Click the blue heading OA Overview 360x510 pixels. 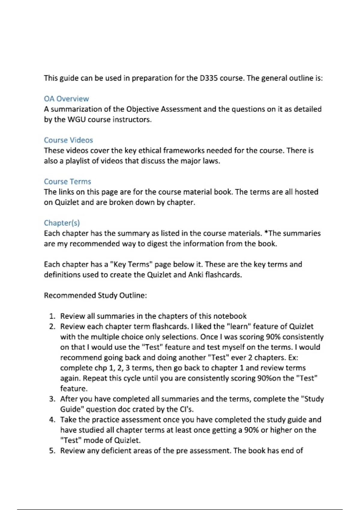point(66,99)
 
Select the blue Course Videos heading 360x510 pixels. point(68,140)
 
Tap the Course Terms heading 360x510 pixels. point(67,181)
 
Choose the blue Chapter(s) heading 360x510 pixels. point(62,223)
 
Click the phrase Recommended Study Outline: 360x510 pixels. point(95,295)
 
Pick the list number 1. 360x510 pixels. point(52,316)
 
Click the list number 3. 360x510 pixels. point(52,399)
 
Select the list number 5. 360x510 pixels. point(52,451)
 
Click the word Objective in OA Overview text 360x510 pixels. point(142,109)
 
